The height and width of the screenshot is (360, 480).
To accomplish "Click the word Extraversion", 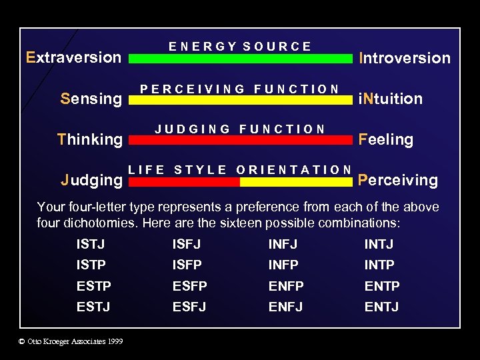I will pyautogui.click(x=73, y=57).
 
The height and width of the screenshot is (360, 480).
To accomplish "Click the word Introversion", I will pyautogui.click(x=405, y=58).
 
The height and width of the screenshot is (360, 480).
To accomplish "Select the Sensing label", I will pyautogui.click(x=91, y=99).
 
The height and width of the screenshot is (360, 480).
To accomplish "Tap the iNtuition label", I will pyautogui.click(x=391, y=99).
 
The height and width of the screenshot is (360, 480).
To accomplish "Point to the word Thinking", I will pyautogui.click(x=90, y=139).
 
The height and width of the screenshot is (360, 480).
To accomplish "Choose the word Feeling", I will pyautogui.click(x=386, y=139).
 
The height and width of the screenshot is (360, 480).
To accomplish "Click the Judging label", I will pyautogui.click(x=91, y=180).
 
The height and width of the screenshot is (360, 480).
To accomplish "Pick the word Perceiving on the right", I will pyautogui.click(x=398, y=180).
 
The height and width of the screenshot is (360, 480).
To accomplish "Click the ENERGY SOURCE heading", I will pyautogui.click(x=240, y=47).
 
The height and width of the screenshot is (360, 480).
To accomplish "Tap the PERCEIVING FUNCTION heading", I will pyautogui.click(x=239, y=89).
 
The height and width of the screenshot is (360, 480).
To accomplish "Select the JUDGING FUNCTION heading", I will pyautogui.click(x=240, y=129).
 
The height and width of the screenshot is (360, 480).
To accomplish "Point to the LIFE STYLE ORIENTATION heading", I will pyautogui.click(x=240, y=170).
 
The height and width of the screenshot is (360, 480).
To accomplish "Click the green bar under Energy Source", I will pyautogui.click(x=240, y=59).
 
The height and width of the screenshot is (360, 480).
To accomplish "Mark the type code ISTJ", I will pyautogui.click(x=91, y=245).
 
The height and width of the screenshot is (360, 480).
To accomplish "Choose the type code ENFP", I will pyautogui.click(x=286, y=286).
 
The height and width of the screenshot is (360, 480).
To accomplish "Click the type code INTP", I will pyautogui.click(x=379, y=265).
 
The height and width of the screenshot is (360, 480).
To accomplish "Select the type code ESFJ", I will pyautogui.click(x=189, y=307).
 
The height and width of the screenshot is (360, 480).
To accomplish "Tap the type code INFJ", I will pyautogui.click(x=283, y=245).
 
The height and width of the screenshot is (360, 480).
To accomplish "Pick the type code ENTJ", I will pyautogui.click(x=381, y=307).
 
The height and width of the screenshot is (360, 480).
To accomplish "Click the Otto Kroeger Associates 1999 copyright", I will pyautogui.click(x=71, y=341).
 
